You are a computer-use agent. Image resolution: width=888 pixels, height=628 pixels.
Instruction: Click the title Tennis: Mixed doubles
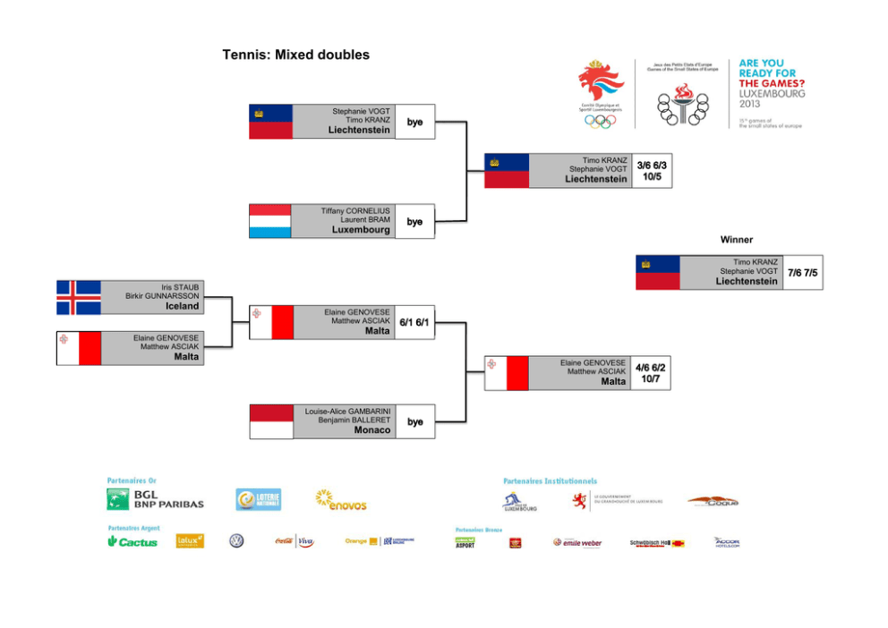pos(295,55)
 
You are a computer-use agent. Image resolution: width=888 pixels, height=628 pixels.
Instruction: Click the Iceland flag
pos(79,298)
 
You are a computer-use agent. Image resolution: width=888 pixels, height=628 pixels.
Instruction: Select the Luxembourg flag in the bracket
pos(270,221)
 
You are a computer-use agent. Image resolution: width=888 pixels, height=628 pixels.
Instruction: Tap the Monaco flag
pos(270,421)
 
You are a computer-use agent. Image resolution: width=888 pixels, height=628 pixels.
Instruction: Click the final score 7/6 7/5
pos(802,273)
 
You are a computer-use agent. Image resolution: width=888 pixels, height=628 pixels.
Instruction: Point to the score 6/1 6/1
pos(414,322)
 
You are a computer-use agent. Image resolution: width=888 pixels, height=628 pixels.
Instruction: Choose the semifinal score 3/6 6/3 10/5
pos(652,171)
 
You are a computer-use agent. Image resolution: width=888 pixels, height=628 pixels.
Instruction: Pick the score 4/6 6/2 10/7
pos(651,373)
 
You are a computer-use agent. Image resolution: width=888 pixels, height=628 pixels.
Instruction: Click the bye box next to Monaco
pos(414,421)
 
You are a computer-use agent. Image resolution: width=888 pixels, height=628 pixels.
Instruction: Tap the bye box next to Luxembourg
pos(414,222)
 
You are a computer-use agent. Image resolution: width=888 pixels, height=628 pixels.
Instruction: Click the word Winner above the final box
pos(737,240)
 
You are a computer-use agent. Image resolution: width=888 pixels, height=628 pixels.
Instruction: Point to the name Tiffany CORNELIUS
pos(355,211)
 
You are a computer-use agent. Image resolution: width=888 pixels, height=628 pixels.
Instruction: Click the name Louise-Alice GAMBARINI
pos(347,412)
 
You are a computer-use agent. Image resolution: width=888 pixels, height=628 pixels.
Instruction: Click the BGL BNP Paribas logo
pos(155,499)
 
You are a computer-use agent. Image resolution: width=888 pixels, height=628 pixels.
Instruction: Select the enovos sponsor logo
pos(341,500)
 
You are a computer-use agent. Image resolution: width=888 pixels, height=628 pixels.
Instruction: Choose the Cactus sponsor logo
pos(132,542)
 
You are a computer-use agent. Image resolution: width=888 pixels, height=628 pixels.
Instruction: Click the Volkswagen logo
pos(236,541)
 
